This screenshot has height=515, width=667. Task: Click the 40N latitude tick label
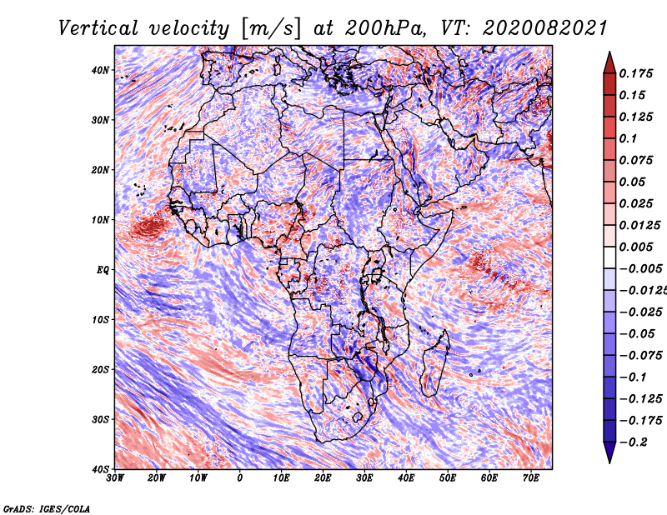tap(100, 70)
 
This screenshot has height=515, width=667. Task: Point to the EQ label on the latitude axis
tap(103, 270)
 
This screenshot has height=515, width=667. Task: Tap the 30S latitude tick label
tap(100, 419)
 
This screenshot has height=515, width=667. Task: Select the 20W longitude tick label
tap(156, 478)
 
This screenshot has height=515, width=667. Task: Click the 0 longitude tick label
tap(239, 478)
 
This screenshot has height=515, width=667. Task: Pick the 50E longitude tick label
tap(448, 478)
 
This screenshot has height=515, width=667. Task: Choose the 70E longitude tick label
tap(531, 478)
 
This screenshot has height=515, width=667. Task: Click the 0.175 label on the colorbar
tap(635, 73)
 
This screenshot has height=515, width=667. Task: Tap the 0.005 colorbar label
tap(635, 247)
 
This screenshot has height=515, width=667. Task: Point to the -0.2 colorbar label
tap(633, 442)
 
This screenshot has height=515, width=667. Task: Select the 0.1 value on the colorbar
tap(628, 138)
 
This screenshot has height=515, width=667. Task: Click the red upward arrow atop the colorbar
tap(609, 63)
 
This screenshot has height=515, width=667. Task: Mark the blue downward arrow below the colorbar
tap(609, 452)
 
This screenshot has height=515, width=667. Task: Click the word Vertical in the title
tap(98, 28)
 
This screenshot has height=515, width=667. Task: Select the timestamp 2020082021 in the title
tap(544, 28)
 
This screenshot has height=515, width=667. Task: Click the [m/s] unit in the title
tap(270, 29)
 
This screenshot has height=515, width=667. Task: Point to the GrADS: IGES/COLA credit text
tap(47, 509)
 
